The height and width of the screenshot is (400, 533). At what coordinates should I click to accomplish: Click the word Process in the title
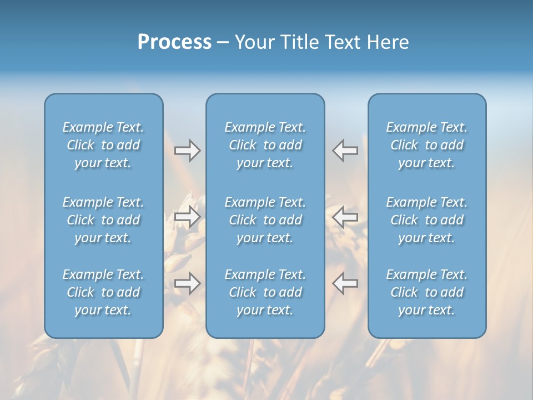click(174, 42)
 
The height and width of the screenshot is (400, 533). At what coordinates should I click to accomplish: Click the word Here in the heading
click(388, 42)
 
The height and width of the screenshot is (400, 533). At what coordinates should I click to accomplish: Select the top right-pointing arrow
click(187, 150)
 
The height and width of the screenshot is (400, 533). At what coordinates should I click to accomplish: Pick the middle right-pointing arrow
click(187, 217)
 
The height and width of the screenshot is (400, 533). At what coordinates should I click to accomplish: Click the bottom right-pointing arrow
click(187, 283)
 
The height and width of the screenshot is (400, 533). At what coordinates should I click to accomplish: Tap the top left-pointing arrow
click(345, 150)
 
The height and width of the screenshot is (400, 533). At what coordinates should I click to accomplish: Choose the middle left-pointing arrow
click(345, 217)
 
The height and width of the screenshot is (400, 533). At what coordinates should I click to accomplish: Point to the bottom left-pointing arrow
click(345, 283)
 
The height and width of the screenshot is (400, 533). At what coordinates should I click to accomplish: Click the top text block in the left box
click(103, 145)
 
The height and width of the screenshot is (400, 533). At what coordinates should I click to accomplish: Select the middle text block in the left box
click(103, 220)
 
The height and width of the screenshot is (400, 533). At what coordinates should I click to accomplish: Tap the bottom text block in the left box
click(103, 292)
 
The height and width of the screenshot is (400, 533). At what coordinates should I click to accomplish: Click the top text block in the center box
click(265, 145)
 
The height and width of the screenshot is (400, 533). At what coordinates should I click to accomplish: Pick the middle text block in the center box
click(265, 220)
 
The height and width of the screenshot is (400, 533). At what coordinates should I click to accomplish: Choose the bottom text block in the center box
click(265, 292)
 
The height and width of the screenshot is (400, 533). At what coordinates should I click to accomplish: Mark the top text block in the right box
click(426, 145)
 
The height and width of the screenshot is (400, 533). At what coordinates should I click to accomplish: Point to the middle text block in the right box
click(426, 220)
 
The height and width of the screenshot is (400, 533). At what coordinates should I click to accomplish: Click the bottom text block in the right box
click(426, 292)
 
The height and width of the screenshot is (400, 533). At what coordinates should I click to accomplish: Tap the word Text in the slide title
click(343, 42)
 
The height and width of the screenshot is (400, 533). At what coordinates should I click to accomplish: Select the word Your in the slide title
click(254, 42)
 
